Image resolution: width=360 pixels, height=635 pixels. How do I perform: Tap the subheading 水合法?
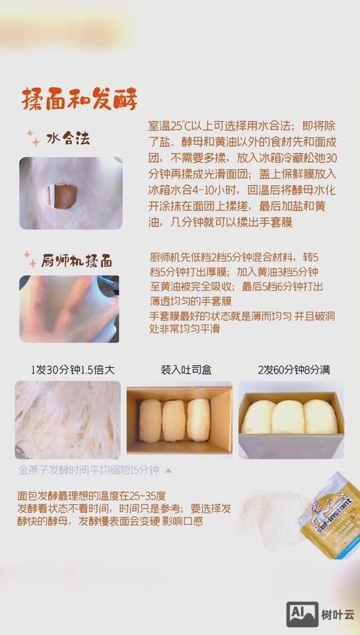[x=72, y=138]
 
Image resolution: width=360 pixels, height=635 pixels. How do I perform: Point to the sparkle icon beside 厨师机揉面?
[x=30, y=257]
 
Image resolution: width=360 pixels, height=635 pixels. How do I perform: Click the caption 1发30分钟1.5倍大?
[x=73, y=370]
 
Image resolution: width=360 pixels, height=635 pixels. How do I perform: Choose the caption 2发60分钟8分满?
[x=294, y=370]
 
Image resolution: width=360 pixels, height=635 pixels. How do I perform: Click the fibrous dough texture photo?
[x=68, y=420]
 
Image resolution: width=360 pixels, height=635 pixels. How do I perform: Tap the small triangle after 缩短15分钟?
[x=168, y=470]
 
